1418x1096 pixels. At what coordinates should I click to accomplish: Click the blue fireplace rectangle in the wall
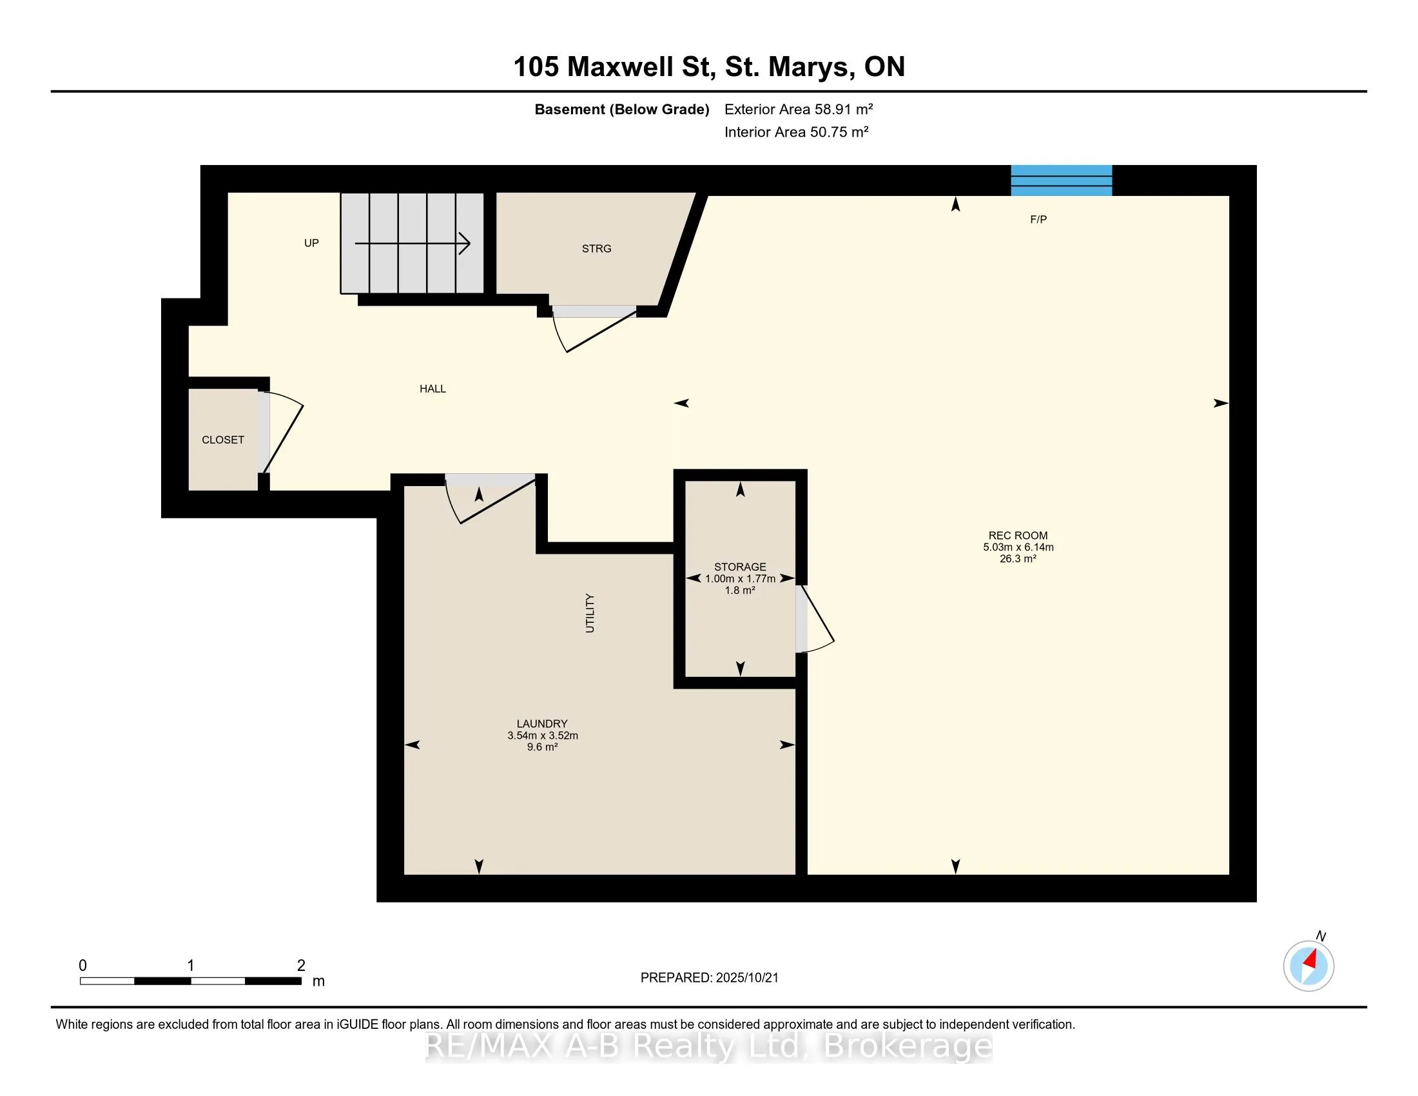[1061, 181]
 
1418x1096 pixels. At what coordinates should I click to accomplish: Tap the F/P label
[1038, 219]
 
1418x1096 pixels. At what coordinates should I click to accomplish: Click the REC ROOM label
[1017, 536]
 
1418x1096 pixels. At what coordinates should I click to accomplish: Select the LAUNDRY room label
[542, 723]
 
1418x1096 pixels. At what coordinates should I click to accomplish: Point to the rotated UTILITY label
[590, 612]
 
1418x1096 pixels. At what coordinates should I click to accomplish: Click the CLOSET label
[223, 440]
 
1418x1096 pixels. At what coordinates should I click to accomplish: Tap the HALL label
[432, 389]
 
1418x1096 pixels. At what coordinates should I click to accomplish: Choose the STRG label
[596, 249]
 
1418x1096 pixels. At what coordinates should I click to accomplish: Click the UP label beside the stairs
[312, 243]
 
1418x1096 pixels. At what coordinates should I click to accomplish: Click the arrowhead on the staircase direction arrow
[465, 244]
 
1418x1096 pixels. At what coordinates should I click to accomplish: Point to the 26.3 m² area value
[1017, 558]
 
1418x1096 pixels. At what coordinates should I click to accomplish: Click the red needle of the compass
[1311, 959]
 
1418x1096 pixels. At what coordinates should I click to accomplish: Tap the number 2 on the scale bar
[301, 966]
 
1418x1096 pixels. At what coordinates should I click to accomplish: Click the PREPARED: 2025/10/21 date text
[709, 978]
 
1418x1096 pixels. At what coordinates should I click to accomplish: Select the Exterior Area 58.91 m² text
[799, 109]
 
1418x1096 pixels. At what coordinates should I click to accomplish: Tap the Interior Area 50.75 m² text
[797, 132]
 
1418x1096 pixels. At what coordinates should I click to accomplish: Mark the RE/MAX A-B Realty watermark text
[709, 1046]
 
